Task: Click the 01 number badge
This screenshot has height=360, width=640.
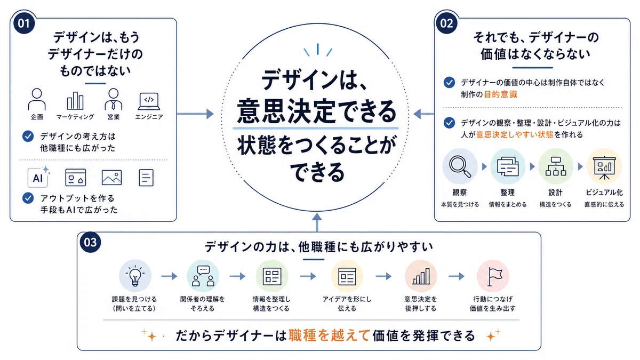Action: tap(24, 23)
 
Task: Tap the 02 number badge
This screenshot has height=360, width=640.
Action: tap(446, 23)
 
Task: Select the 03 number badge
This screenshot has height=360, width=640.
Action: tap(90, 242)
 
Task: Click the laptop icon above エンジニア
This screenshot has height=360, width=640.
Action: tap(149, 101)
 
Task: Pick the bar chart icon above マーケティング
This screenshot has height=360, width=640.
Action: tap(75, 101)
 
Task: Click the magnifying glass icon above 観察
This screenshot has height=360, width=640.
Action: tap(460, 166)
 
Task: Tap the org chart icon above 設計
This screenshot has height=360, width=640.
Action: tap(555, 166)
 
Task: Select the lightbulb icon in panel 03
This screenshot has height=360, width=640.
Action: tap(135, 276)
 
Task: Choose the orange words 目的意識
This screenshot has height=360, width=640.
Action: tap(500, 94)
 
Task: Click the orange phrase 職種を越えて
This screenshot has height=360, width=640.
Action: tap(330, 335)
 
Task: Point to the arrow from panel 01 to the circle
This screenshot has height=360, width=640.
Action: tap(195, 114)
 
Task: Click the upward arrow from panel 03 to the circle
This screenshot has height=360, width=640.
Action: tap(317, 222)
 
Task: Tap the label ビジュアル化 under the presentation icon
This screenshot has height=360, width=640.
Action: tap(604, 193)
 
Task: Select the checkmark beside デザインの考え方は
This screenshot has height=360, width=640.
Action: tap(28, 137)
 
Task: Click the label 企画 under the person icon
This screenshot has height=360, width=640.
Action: tap(37, 117)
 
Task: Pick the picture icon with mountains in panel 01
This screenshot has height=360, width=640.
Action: tap(111, 178)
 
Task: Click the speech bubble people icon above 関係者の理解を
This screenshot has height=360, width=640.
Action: tap(203, 276)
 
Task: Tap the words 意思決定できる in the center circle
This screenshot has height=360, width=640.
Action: tap(316, 111)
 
